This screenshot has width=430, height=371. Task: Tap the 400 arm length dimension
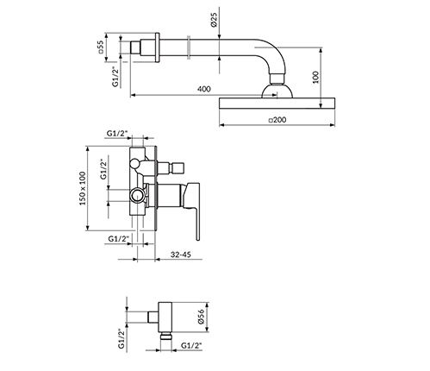click(x=204, y=89)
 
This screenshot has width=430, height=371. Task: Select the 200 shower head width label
click(x=277, y=120)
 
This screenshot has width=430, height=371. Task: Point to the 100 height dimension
click(x=315, y=77)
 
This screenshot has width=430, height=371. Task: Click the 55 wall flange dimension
click(x=100, y=47)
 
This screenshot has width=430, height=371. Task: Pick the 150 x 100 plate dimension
click(x=83, y=188)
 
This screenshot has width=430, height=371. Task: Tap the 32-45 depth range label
click(x=181, y=255)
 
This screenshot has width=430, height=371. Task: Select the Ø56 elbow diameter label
click(x=201, y=317)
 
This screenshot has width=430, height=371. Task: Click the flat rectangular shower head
click(x=277, y=104)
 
